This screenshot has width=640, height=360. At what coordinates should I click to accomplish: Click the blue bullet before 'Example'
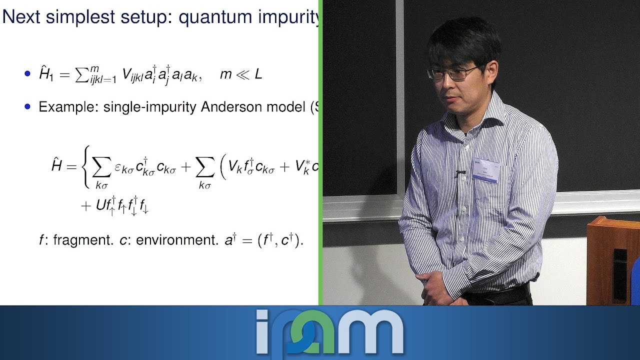[x=28, y=106]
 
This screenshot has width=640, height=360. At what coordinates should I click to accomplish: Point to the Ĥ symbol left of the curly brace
[x=57, y=165]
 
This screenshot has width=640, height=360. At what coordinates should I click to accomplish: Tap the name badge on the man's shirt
[x=486, y=169]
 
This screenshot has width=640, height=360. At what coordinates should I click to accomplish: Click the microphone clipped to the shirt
[x=460, y=173]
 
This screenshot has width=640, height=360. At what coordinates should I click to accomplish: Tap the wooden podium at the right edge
[x=612, y=260]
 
